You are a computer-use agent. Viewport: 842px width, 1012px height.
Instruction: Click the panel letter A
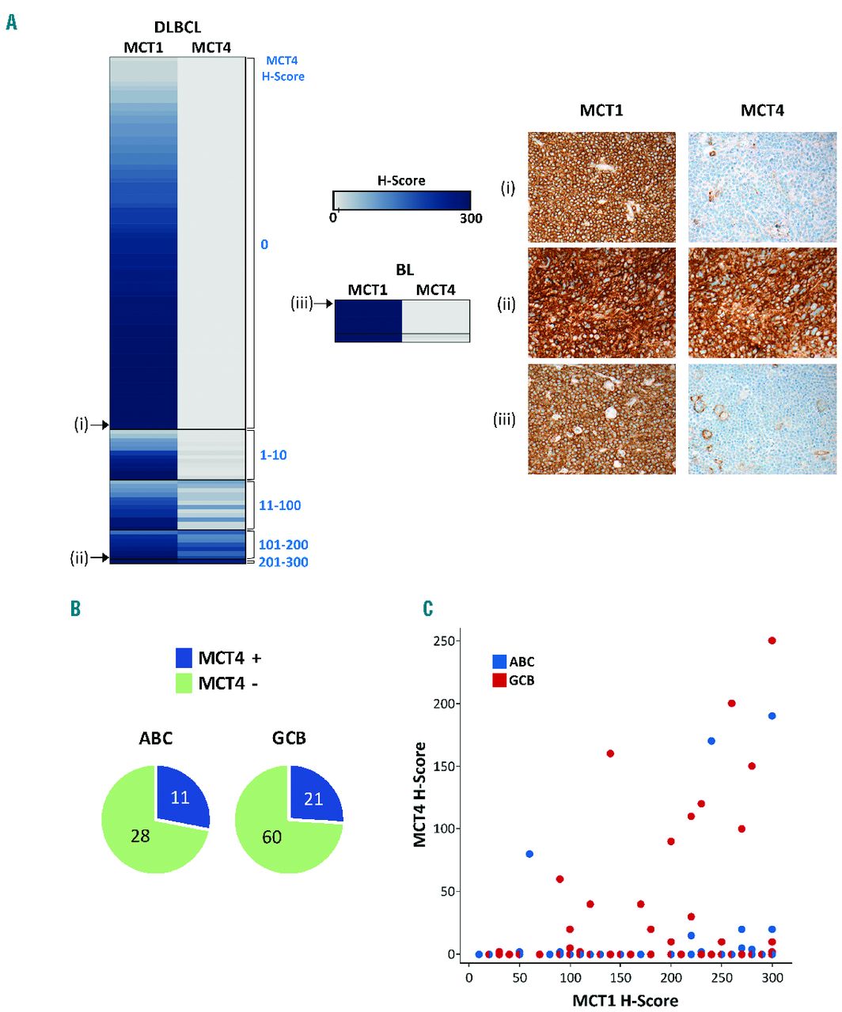point(11,22)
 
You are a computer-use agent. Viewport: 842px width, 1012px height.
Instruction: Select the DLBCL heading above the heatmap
point(177,28)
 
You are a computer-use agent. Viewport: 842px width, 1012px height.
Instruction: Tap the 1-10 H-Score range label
point(273,455)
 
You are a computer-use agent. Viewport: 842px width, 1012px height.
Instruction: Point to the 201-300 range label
point(283,562)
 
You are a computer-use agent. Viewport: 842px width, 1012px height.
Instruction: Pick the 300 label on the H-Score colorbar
point(471,218)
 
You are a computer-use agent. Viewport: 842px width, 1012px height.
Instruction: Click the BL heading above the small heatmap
point(404,270)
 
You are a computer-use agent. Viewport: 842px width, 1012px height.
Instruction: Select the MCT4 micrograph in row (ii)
point(762,303)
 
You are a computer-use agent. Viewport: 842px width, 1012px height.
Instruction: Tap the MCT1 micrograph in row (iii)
point(601,419)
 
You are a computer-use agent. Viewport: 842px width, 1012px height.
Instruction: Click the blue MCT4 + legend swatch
point(184,658)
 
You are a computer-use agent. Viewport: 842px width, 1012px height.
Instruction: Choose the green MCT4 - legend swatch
point(184,682)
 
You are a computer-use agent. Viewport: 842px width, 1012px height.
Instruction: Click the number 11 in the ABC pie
point(180,797)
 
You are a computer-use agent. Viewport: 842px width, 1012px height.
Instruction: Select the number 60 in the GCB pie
point(271,836)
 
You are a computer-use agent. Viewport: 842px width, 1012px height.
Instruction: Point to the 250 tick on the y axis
point(443,640)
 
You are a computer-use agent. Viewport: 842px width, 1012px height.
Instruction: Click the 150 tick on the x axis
point(620,977)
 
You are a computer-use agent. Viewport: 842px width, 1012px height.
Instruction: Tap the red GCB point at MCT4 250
point(772,640)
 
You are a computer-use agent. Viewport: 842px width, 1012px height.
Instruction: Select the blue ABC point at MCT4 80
point(529,854)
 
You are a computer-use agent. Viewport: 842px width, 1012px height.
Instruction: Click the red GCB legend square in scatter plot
point(499,680)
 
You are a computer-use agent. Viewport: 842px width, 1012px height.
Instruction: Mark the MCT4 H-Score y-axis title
point(420,794)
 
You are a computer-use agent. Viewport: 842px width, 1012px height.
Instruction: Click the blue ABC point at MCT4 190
point(772,716)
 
